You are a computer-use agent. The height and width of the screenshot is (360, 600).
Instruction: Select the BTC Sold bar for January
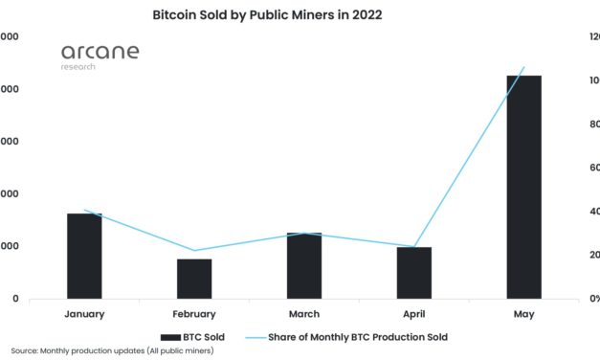click(x=84, y=256)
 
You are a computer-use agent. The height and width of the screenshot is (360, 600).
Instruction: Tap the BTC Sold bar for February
click(x=194, y=279)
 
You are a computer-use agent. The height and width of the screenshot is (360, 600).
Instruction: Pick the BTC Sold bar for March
click(x=304, y=265)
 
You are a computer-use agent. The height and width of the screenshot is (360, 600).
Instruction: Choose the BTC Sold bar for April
click(x=414, y=273)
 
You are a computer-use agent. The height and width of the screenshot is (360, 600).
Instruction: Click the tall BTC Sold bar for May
click(x=523, y=187)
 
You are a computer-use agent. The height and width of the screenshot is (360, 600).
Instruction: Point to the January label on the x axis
click(x=84, y=313)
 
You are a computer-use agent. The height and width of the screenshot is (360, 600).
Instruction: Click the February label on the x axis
click(x=194, y=313)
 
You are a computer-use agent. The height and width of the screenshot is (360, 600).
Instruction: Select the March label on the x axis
click(x=304, y=313)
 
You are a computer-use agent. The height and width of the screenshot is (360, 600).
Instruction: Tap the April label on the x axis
click(x=414, y=313)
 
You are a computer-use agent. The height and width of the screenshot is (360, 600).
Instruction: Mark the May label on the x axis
click(x=523, y=313)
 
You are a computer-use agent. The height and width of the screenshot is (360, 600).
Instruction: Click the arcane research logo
click(x=100, y=56)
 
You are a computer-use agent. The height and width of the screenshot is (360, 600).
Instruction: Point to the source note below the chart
click(x=113, y=351)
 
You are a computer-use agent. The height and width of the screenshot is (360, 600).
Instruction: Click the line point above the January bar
click(x=84, y=211)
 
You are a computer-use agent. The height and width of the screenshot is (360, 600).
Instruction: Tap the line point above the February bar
click(x=194, y=251)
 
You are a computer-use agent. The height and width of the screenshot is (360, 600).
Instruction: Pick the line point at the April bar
click(x=414, y=246)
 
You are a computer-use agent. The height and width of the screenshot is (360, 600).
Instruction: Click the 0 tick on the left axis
click(x=14, y=299)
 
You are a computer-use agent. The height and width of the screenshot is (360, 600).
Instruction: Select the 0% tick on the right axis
click(x=594, y=299)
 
